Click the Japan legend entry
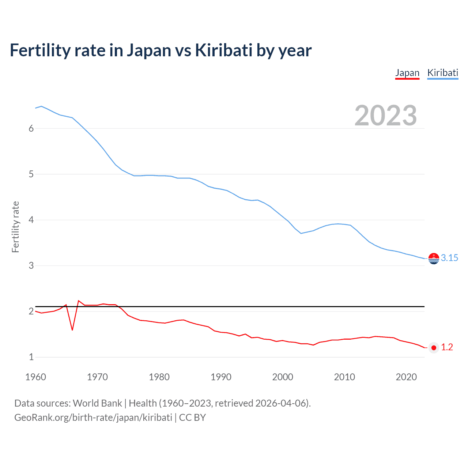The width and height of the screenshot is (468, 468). coord(407,73)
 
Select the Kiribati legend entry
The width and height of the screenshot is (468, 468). coord(442,73)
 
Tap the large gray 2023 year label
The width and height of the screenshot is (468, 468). coord(385,116)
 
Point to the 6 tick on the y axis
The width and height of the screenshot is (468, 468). coord(31,128)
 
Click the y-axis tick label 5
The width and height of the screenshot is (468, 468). coord(31,174)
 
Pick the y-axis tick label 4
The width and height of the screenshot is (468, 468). coord(31,220)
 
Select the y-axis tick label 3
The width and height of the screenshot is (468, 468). coord(31,265)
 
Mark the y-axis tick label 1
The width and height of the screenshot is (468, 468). coord(31,357)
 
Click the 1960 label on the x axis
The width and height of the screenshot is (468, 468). coord(35,377)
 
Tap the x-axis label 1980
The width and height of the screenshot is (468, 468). coord(159,377)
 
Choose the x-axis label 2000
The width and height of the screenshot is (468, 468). coord(283,377)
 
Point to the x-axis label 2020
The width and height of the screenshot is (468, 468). coord(406,377)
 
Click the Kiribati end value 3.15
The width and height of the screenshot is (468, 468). coord(449,258)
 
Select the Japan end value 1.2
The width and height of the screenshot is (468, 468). coord(447,347)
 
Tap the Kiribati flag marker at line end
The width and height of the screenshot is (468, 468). coord(434,258)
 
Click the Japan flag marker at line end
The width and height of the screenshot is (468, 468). coord(434,348)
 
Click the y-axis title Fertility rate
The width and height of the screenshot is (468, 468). coord(15,227)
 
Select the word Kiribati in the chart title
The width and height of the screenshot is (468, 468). coord(223,50)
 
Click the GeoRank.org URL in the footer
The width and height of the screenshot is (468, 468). coord(93,418)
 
